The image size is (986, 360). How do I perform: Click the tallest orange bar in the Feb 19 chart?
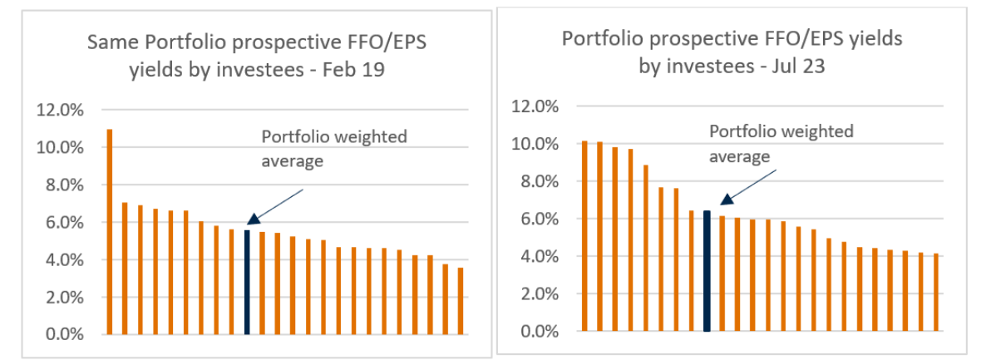point(110,232)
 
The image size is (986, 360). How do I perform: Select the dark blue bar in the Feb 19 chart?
point(247,283)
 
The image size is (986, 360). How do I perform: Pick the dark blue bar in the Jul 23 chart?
point(707,271)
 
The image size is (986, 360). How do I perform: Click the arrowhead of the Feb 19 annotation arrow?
point(251,221)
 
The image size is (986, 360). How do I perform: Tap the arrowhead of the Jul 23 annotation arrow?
point(724,200)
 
